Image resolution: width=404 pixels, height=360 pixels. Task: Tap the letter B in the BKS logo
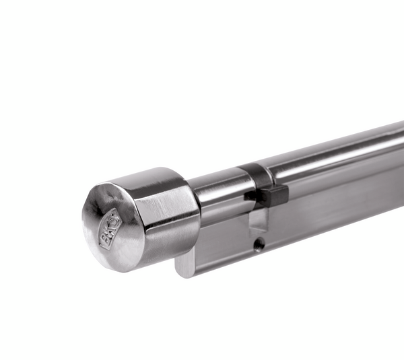pos(106,237)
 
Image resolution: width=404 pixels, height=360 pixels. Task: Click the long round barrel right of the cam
pos(337,158)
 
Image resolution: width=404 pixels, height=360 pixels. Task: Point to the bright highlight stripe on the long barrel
pos(337,144)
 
